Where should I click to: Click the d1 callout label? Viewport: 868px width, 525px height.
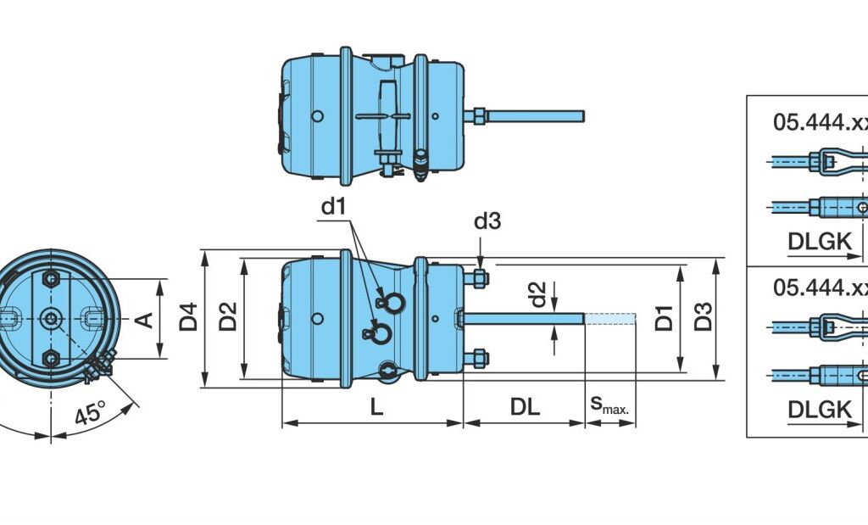[x=333, y=207]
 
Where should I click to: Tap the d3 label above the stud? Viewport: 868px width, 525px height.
[x=487, y=221]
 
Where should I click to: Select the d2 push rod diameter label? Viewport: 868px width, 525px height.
[x=537, y=294]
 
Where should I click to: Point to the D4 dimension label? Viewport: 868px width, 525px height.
[x=189, y=316]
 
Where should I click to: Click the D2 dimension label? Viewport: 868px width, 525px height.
[x=228, y=316]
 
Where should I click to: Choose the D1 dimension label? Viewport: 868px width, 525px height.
[x=664, y=318]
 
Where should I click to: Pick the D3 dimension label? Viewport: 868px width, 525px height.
[x=703, y=316]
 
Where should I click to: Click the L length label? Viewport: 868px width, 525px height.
[x=376, y=407]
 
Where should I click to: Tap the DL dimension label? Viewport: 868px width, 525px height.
[x=525, y=407]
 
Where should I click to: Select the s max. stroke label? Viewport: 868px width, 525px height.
[x=609, y=405]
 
